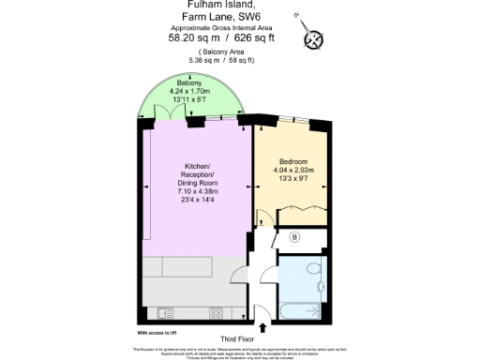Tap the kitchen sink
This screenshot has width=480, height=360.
165,312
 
